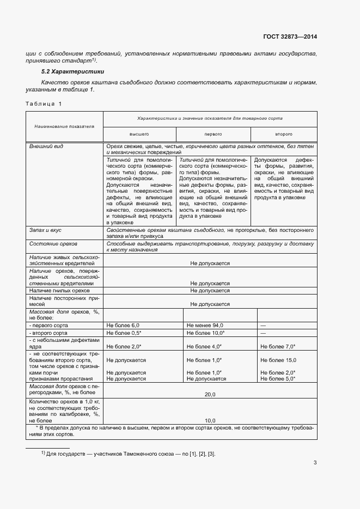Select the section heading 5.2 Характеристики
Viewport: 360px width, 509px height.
coord(73,72)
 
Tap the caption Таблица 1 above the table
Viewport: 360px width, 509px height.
coord(44,103)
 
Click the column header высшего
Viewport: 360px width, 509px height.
coord(139,133)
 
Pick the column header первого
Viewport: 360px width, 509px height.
coord(213,133)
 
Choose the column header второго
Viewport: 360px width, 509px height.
coord(283,133)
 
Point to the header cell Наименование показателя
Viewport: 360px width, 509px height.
coord(64,126)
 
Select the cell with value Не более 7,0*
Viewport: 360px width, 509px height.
coord(278,346)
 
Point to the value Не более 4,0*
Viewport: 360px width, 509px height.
coord(204,346)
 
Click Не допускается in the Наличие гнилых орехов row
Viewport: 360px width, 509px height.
coord(210,292)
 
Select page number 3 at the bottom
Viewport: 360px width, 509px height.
coord(315,463)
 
